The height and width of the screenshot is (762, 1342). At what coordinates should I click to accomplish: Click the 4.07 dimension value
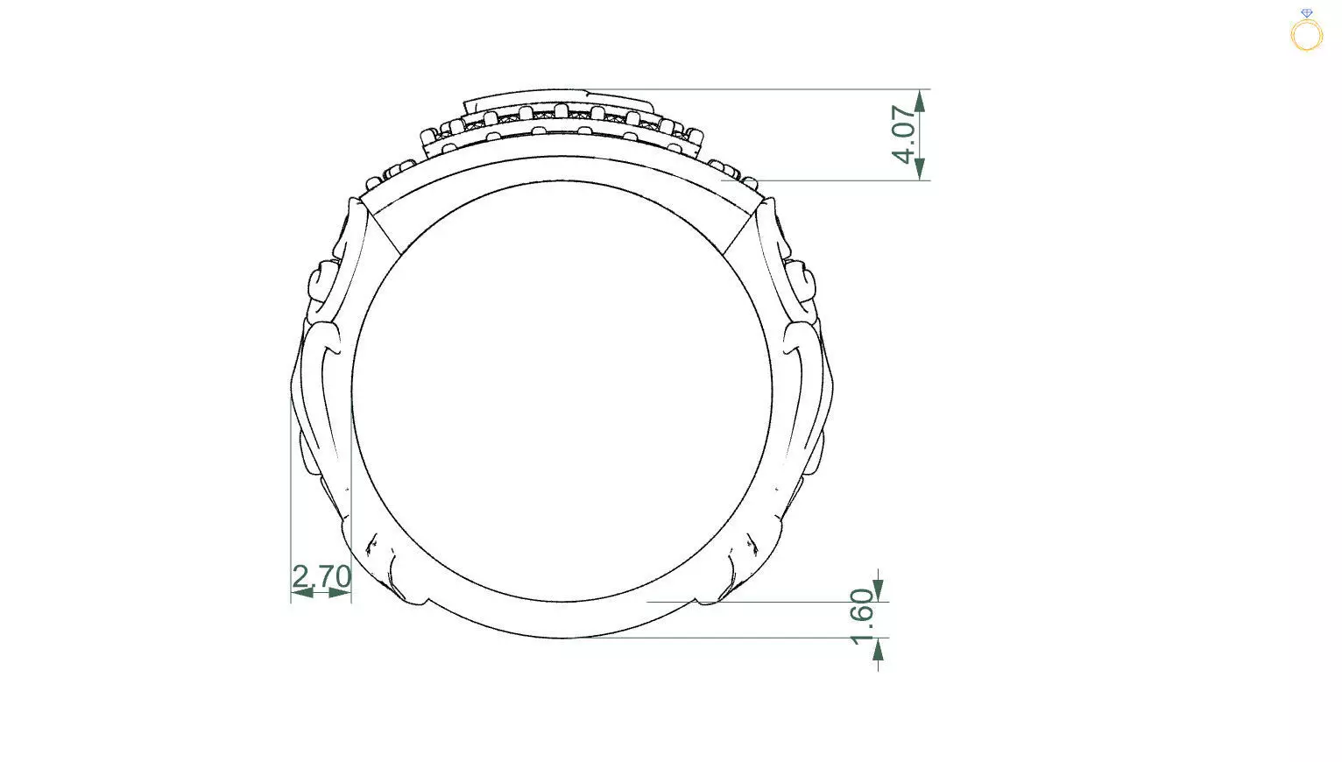click(x=906, y=134)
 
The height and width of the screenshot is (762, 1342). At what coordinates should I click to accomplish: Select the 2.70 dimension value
click(x=321, y=576)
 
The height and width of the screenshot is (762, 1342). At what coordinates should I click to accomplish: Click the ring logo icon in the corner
click(x=1306, y=33)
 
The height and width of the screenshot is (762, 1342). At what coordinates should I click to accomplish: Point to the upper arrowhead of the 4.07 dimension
click(x=920, y=102)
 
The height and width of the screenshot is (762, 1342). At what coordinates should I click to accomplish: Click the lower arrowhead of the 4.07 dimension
click(x=920, y=168)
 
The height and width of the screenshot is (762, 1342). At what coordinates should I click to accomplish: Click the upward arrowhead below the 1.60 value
click(x=879, y=649)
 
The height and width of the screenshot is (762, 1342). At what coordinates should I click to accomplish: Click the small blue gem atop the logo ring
click(x=1306, y=14)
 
